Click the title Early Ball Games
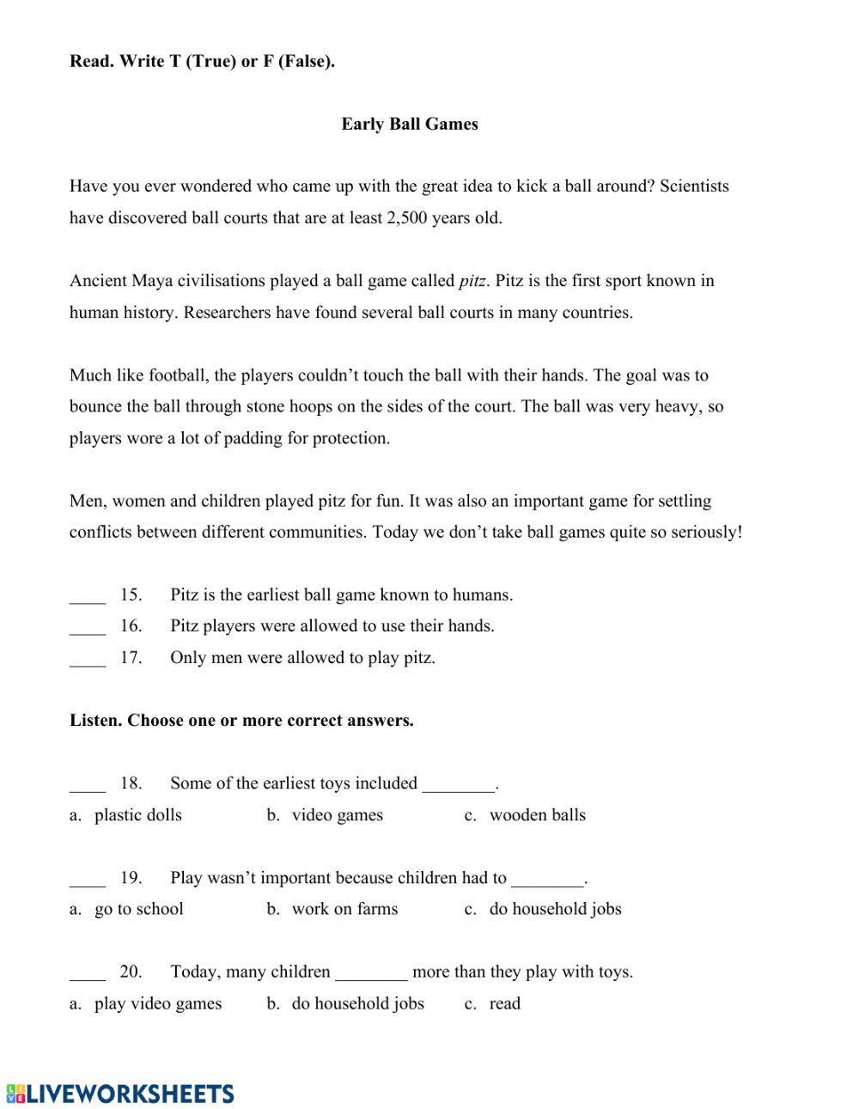click(x=409, y=124)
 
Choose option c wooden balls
click(x=536, y=815)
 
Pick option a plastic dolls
click(x=137, y=815)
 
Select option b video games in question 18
click(x=337, y=815)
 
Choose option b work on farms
click(x=344, y=909)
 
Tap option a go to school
click(x=138, y=909)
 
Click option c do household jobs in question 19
click(x=554, y=909)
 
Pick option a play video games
click(x=157, y=1003)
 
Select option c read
click(x=504, y=1003)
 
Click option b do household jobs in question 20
click(x=357, y=1003)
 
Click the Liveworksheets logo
click(x=120, y=1093)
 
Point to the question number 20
click(x=131, y=972)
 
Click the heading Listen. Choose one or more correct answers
click(x=241, y=721)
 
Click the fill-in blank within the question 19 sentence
click(x=547, y=881)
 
